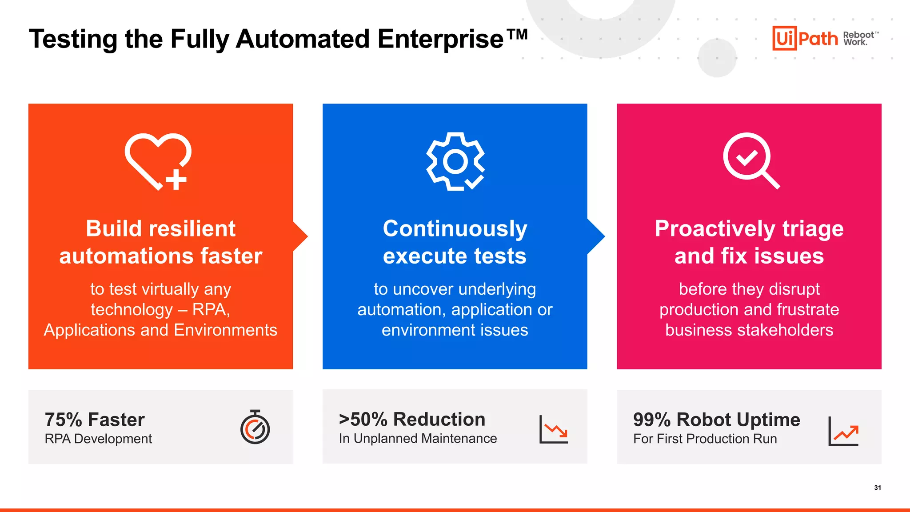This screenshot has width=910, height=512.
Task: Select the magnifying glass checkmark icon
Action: point(750,161)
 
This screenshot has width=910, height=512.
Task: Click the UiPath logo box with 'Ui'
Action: point(784,38)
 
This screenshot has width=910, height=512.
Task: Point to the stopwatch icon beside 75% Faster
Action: point(255,427)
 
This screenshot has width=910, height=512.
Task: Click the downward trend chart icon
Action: point(554,429)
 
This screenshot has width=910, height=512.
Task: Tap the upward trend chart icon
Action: point(843,431)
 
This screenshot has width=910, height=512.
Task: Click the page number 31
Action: point(877,488)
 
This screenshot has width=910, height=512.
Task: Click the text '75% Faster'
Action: point(95,420)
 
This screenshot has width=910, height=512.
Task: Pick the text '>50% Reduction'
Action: point(412,419)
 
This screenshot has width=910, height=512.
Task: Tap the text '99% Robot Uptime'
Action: point(716,420)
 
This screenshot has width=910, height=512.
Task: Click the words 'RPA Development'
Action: point(98,439)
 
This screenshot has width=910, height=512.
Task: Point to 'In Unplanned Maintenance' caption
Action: point(418,438)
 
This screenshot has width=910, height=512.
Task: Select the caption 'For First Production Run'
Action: point(705,439)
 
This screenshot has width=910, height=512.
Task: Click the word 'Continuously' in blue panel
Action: point(455,229)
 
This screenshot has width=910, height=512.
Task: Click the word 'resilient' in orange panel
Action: point(192,229)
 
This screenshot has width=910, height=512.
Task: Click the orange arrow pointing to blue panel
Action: point(300,236)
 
